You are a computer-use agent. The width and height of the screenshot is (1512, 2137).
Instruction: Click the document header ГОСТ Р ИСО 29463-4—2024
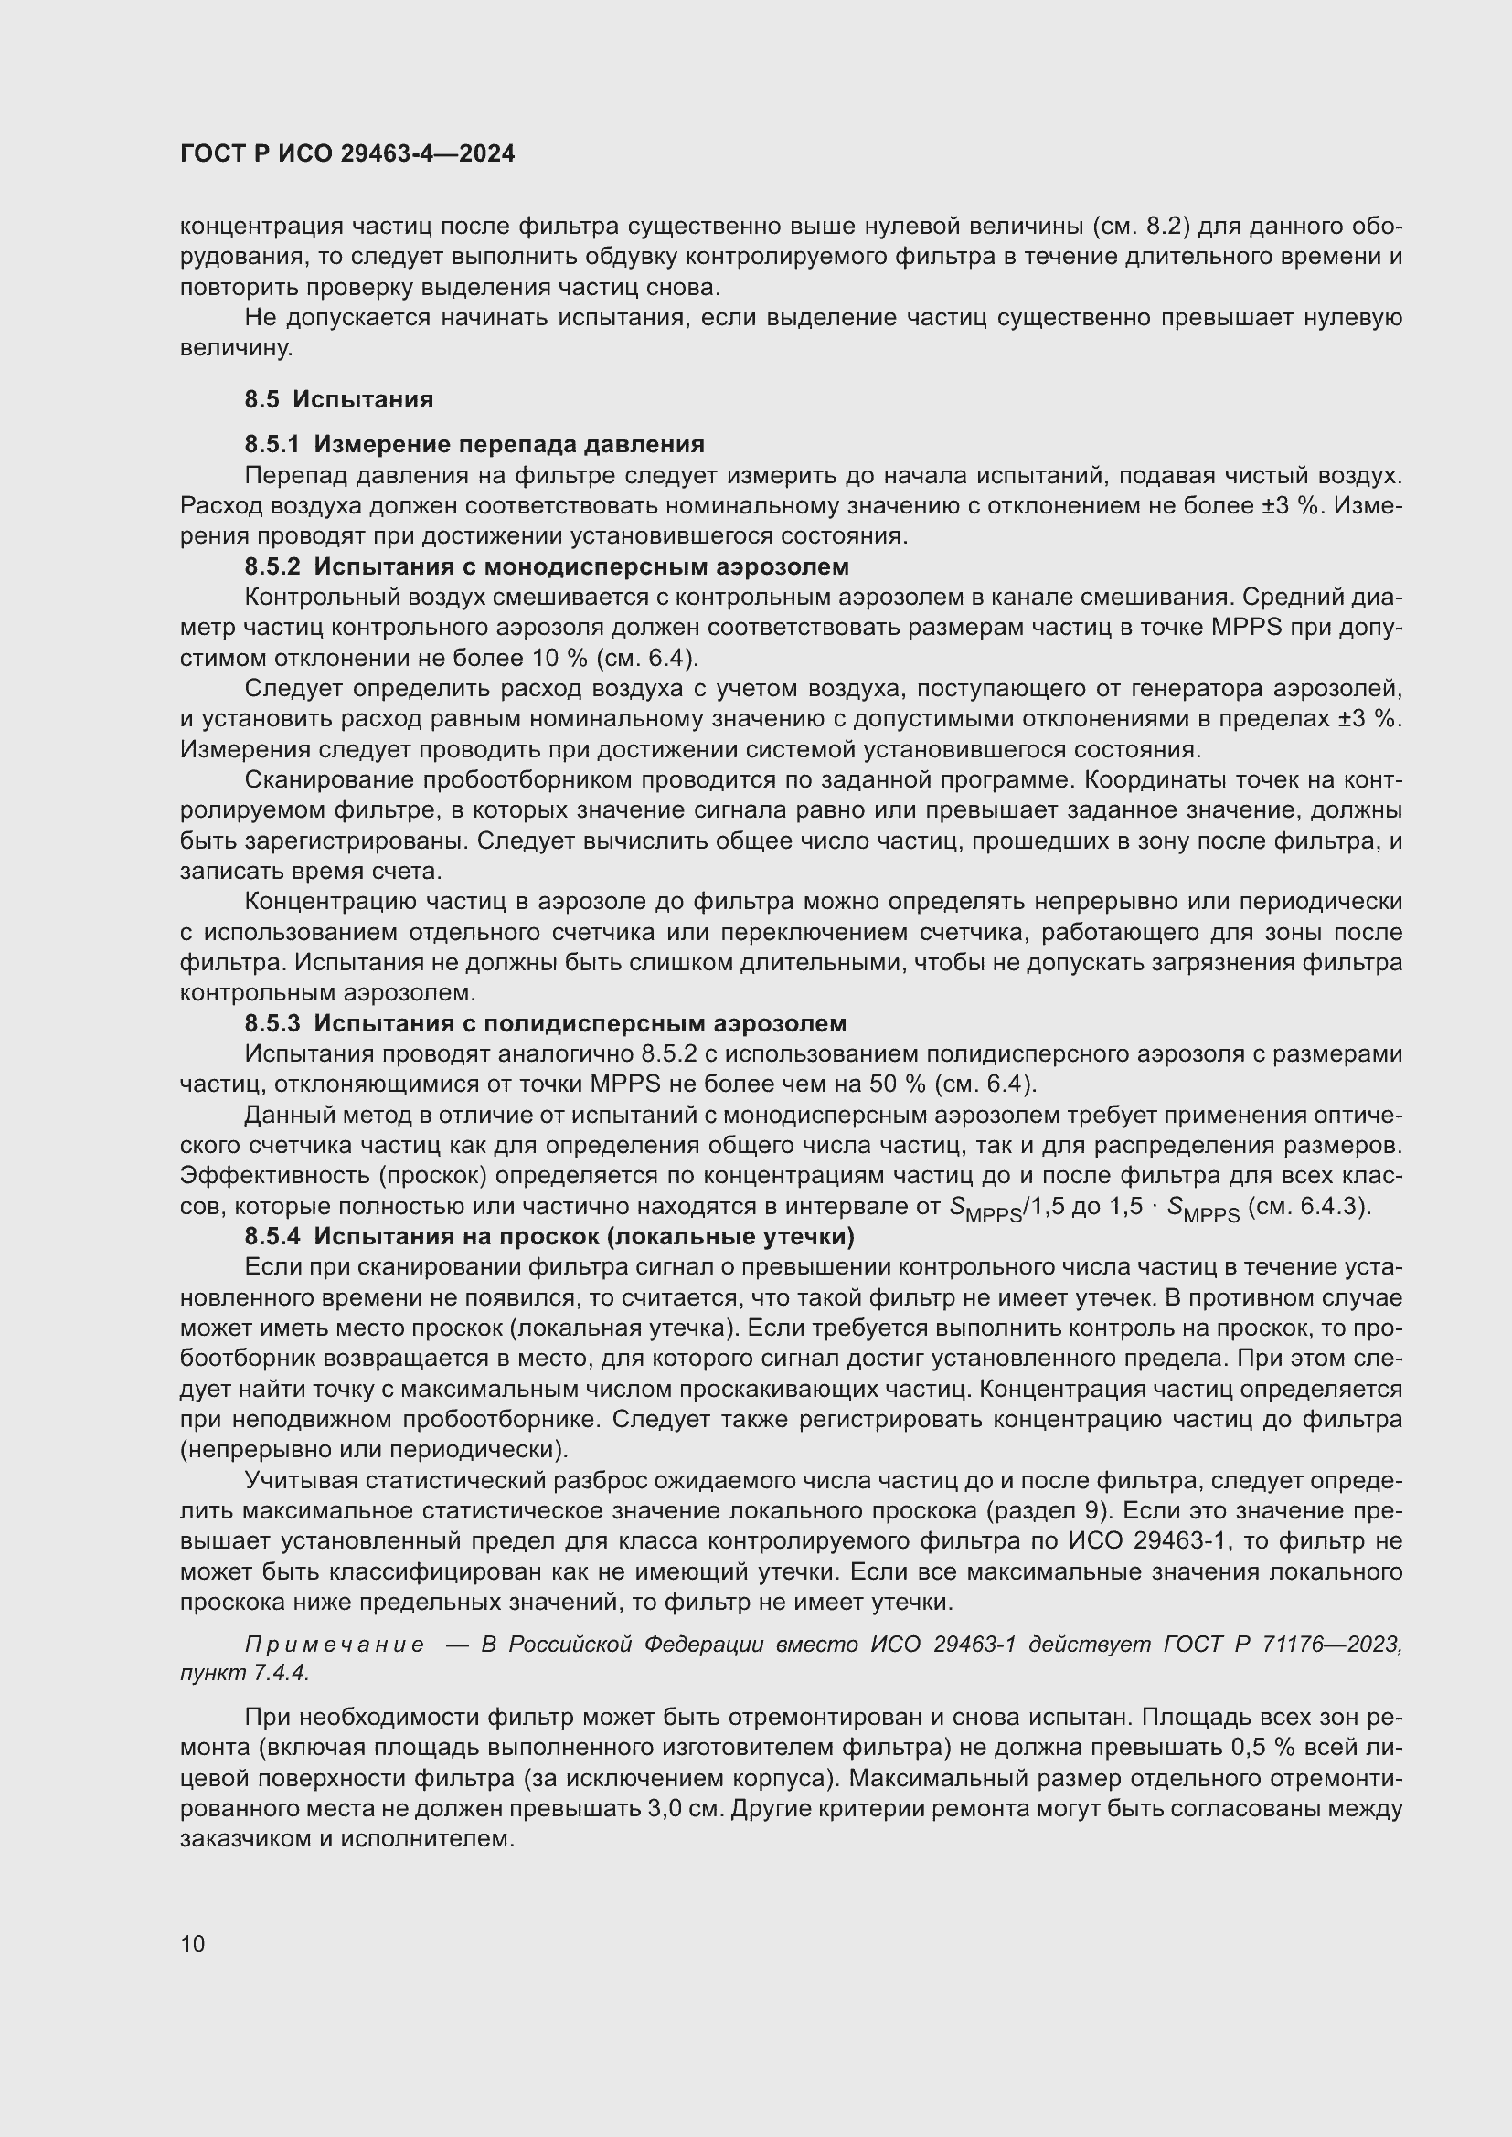[x=347, y=154]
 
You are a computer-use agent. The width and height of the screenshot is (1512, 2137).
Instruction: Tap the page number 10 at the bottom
[x=193, y=1943]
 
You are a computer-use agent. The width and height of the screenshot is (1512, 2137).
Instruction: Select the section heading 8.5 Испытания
[x=339, y=399]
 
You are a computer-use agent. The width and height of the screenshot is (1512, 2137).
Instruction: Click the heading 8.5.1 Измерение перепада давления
[x=474, y=444]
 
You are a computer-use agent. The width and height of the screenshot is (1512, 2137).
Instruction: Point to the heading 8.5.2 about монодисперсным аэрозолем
[x=547, y=566]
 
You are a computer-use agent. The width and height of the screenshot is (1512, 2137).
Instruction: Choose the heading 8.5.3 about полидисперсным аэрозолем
[x=546, y=1024]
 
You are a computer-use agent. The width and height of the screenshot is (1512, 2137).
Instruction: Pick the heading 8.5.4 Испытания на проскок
[x=549, y=1237]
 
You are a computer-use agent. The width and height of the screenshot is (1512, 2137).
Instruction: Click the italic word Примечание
[x=335, y=1645]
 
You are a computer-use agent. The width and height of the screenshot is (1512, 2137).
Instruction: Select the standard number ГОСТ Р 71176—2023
[x=1282, y=1645]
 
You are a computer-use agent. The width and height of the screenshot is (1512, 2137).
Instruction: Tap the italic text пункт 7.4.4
[x=244, y=1673]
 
